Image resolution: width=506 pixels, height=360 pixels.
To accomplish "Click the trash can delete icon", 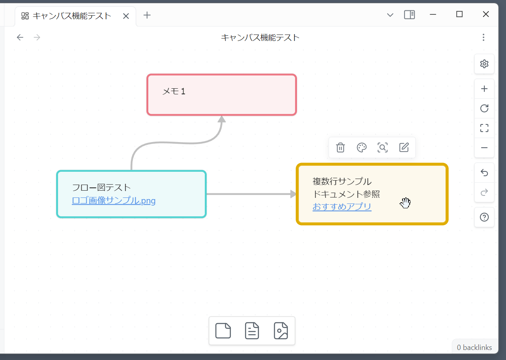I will (x=340, y=148).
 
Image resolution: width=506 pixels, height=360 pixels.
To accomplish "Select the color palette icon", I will (x=362, y=148).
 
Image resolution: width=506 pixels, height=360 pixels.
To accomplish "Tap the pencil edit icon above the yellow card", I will (x=404, y=148).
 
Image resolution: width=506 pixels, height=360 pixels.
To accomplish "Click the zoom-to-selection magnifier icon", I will (x=383, y=148).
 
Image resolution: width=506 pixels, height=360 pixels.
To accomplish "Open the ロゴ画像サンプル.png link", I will (x=114, y=200).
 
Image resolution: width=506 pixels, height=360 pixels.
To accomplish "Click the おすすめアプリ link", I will (x=342, y=207).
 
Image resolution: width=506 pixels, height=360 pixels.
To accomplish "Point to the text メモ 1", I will (x=174, y=92).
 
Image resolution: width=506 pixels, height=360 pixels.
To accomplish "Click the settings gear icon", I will (x=484, y=64).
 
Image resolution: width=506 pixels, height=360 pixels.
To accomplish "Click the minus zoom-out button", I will (x=484, y=148).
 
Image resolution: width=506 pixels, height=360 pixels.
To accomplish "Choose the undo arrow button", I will (x=484, y=173).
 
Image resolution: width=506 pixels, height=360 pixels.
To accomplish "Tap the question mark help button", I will (x=484, y=217).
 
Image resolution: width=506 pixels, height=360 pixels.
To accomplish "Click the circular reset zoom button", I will (x=484, y=108).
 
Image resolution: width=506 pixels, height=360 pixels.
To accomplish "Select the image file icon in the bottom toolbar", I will (x=281, y=331).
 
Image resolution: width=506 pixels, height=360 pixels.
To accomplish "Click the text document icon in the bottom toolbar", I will (x=252, y=331).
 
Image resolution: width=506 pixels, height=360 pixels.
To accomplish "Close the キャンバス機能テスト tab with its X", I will (x=126, y=16).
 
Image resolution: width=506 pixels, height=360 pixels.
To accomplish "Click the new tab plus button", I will (x=147, y=15).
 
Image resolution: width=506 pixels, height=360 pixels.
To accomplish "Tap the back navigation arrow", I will (x=20, y=37).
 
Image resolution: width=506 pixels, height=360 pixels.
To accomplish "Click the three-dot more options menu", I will (x=484, y=37).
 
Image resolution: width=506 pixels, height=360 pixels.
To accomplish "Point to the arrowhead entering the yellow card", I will (x=293, y=194).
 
